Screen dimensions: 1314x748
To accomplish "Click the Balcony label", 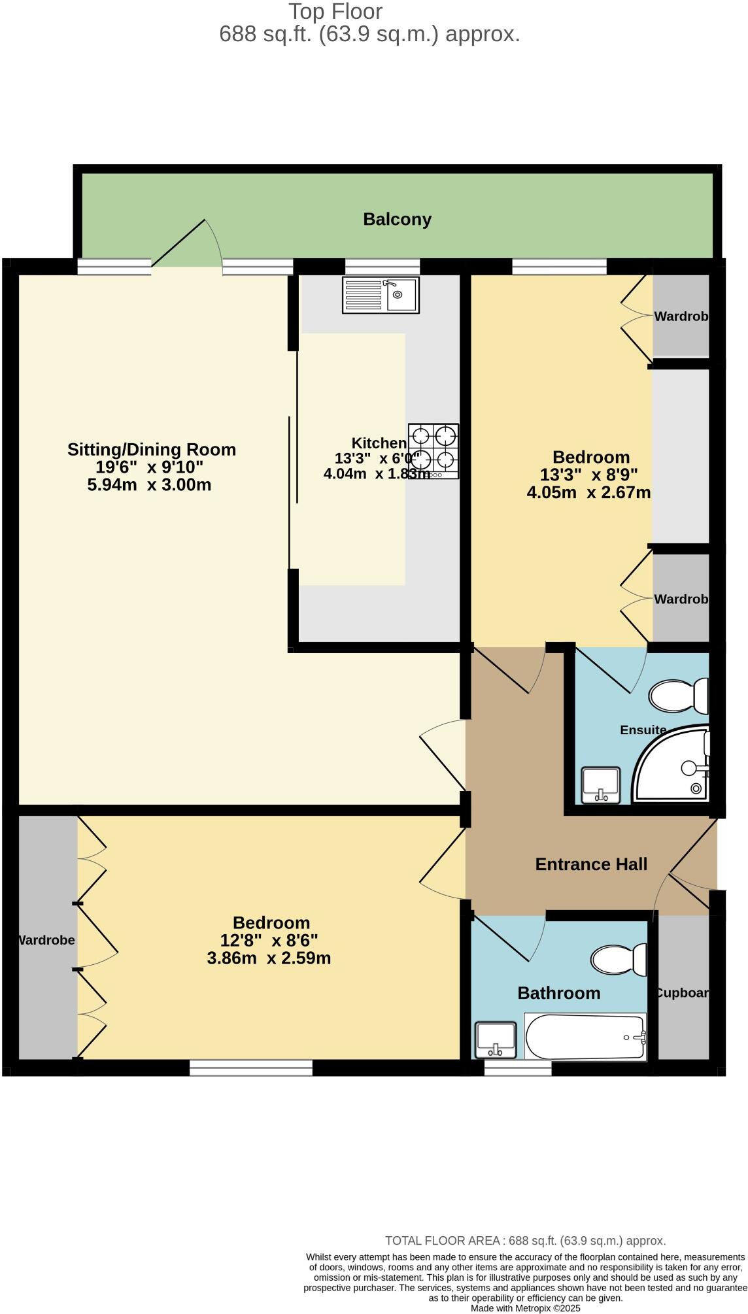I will pyautogui.click(x=397, y=219).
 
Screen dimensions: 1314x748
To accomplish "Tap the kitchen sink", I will pyautogui.click(x=381, y=295).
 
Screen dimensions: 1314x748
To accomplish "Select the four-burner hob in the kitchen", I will pyautogui.click(x=433, y=451).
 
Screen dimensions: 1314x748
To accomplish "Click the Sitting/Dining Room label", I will pyautogui.click(x=151, y=450).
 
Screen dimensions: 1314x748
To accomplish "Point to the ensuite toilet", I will pyautogui.click(x=679, y=696).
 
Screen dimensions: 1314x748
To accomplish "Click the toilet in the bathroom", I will pyautogui.click(x=618, y=960).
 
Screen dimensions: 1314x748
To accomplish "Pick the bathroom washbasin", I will pyautogui.click(x=496, y=1039).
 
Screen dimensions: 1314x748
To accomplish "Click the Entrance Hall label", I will pyautogui.click(x=591, y=864).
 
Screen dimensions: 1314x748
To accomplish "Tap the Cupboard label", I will pyautogui.click(x=682, y=992).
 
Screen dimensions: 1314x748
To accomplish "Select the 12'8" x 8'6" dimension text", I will pyautogui.click(x=269, y=941).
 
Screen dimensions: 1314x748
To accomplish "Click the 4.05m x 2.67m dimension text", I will pyautogui.click(x=588, y=492).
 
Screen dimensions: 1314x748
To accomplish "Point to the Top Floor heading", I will pyautogui.click(x=335, y=11).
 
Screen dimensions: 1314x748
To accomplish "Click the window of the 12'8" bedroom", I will pyautogui.click(x=251, y=1068).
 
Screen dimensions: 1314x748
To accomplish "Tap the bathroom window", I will pyautogui.click(x=518, y=1068).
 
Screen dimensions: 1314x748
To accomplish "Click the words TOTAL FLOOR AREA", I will pyautogui.click(x=441, y=1241).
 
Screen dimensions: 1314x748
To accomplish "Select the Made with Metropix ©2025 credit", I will pyautogui.click(x=525, y=1308).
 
